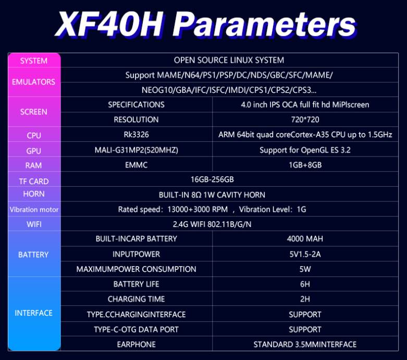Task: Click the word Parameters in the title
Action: tap(264, 25)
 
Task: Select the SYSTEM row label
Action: tap(34, 61)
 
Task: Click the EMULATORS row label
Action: tap(33, 82)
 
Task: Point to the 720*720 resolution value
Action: tap(305, 119)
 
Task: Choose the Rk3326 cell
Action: tap(136, 135)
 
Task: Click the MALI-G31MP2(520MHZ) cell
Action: tap(136, 150)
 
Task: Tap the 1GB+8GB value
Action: tap(305, 165)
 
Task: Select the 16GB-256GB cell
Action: tap(212, 179)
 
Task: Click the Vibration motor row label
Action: tap(34, 210)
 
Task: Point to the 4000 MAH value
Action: tap(305, 238)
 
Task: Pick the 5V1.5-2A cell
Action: tap(305, 254)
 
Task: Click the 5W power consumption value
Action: tap(305, 269)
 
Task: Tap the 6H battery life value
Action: tap(305, 284)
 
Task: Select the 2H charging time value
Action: tap(305, 299)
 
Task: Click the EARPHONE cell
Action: tap(136, 344)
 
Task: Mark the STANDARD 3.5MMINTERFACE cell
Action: tap(305, 344)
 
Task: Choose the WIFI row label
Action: tap(34, 224)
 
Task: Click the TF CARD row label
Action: tap(34, 182)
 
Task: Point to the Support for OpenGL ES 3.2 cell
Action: tap(305, 150)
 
